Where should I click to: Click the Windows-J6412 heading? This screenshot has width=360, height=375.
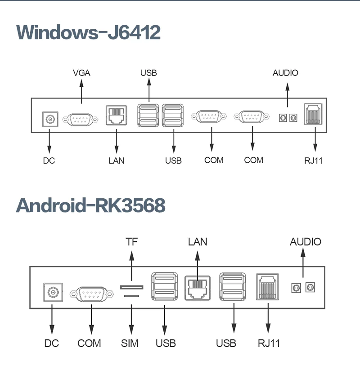click(88, 33)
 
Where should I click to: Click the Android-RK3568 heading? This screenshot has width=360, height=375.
click(90, 205)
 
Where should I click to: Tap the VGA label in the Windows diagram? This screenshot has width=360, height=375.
click(81, 73)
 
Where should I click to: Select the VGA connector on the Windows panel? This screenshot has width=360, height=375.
click(81, 120)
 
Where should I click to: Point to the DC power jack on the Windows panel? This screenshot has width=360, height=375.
click(49, 120)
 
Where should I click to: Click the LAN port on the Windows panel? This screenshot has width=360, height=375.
click(117, 115)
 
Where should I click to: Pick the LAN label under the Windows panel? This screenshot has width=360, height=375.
click(117, 160)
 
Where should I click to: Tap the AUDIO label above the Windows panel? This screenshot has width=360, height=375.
click(285, 73)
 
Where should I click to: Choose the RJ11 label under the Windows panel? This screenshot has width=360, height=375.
click(314, 161)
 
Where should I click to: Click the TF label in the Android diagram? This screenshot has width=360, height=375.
click(131, 242)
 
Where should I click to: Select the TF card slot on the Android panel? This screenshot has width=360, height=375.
click(131, 287)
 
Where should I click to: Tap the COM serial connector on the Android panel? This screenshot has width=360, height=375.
click(91, 295)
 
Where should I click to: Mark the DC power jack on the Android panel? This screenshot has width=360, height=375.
click(53, 293)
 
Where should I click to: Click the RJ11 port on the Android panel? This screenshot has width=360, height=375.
click(267, 286)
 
